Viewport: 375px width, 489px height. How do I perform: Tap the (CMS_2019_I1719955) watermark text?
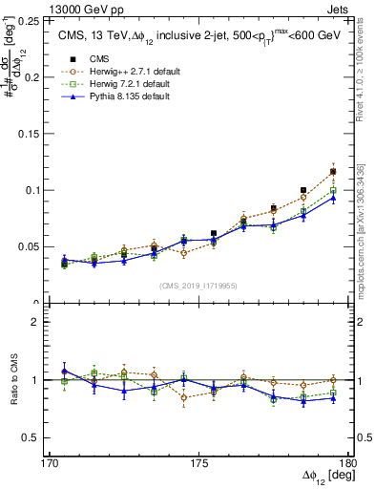198,285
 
